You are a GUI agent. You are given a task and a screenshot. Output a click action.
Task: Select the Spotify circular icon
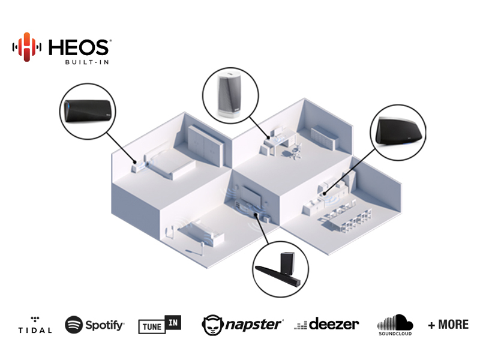click(x=74, y=325)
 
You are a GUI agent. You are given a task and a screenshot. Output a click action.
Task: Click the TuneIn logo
click(x=160, y=325)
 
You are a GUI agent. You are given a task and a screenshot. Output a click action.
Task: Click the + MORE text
click(x=448, y=325)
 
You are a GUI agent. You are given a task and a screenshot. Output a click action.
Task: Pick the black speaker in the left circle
click(x=89, y=109)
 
